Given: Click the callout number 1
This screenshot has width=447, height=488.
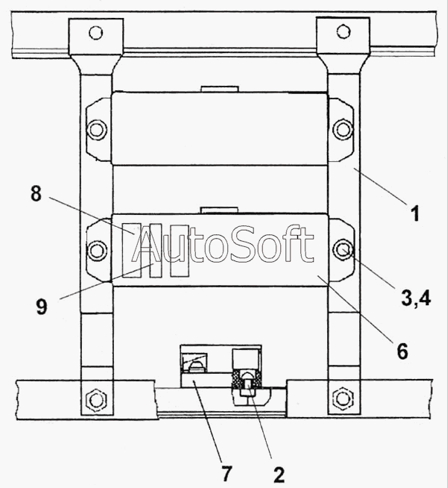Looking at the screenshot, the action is pyautogui.click(x=415, y=213).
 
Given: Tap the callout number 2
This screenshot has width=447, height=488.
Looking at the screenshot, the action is pyautogui.click(x=279, y=475).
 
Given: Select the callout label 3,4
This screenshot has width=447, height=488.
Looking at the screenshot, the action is pyautogui.click(x=416, y=298).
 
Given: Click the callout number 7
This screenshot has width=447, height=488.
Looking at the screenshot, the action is pyautogui.click(x=226, y=474).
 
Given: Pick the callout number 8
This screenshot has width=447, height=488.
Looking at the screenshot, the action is pyautogui.click(x=36, y=193).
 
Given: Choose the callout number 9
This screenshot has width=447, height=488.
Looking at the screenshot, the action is pyautogui.click(x=42, y=307).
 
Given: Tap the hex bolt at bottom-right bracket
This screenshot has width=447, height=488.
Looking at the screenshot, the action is pyautogui.click(x=343, y=398).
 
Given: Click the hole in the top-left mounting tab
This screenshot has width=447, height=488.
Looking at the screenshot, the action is pyautogui.click(x=95, y=32).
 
